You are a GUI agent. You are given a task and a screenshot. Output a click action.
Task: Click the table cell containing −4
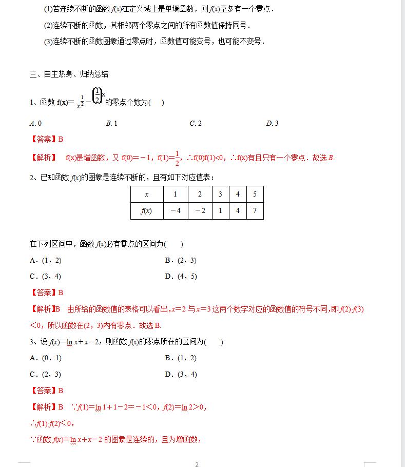(x=176, y=211)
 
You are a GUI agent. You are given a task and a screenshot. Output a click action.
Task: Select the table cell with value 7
(x=255, y=211)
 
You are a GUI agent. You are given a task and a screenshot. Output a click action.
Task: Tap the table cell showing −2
(x=200, y=211)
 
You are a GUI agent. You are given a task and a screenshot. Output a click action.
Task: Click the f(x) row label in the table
(x=147, y=211)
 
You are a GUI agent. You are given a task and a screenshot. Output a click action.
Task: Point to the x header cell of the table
(x=147, y=194)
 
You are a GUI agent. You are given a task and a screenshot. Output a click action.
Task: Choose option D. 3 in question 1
(x=272, y=123)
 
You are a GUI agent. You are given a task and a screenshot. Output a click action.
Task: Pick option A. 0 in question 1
(x=36, y=123)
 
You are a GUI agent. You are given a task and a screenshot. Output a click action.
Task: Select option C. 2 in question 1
(x=195, y=123)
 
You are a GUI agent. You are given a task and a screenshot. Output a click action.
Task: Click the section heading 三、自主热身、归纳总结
(x=69, y=74)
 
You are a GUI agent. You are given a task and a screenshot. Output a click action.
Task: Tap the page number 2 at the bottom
(x=197, y=464)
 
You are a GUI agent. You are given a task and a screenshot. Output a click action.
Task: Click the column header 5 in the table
(x=255, y=194)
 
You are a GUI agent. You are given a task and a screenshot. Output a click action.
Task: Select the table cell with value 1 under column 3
(x=220, y=211)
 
